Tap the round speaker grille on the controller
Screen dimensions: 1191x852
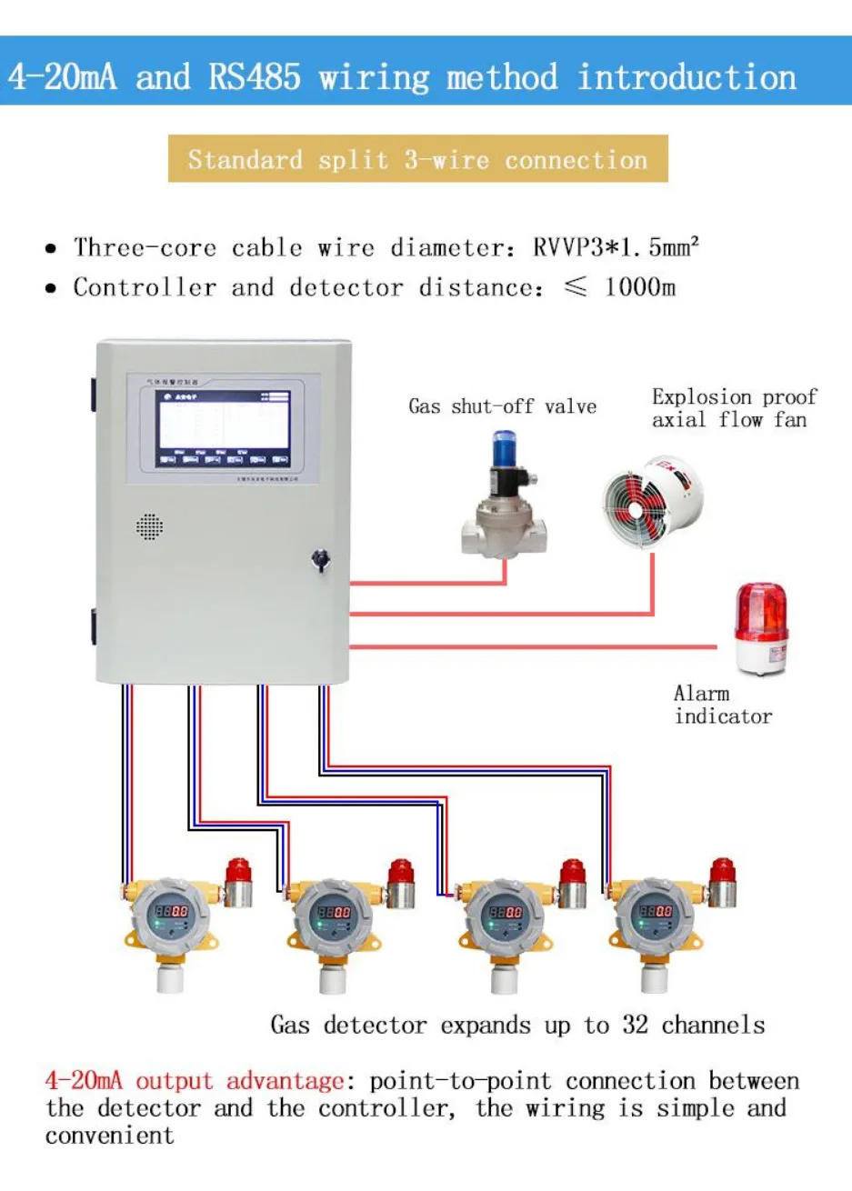coord(149,526)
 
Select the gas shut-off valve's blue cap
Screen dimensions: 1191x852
coord(502,449)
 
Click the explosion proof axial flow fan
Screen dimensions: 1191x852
coord(652,504)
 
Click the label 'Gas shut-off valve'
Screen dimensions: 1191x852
coord(502,406)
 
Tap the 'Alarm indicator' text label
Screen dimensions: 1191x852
coord(722,705)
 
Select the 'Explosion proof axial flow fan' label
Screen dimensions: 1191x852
coord(734,408)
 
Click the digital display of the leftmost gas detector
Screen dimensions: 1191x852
coord(171,910)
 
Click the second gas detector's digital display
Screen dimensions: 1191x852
coord(333,912)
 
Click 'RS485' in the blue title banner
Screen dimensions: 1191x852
coord(255,77)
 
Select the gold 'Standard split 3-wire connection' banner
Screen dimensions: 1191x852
coord(417,160)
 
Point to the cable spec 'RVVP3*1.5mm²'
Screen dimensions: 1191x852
coord(616,247)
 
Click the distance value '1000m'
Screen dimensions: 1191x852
coord(639,287)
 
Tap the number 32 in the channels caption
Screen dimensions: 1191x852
coord(635,1026)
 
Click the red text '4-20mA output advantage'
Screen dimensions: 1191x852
coord(195,1081)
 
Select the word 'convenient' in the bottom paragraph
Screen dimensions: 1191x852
coord(109,1136)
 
